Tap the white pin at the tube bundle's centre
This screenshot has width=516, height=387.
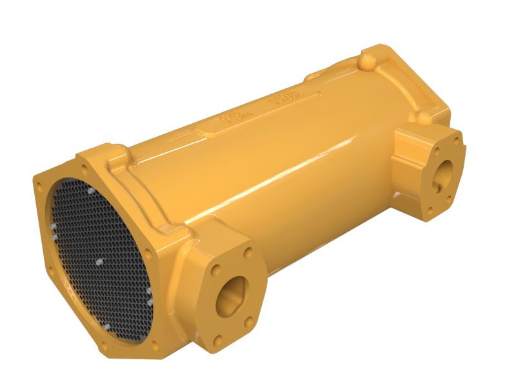tap(98, 263)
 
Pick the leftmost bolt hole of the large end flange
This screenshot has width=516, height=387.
tap(40, 187)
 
